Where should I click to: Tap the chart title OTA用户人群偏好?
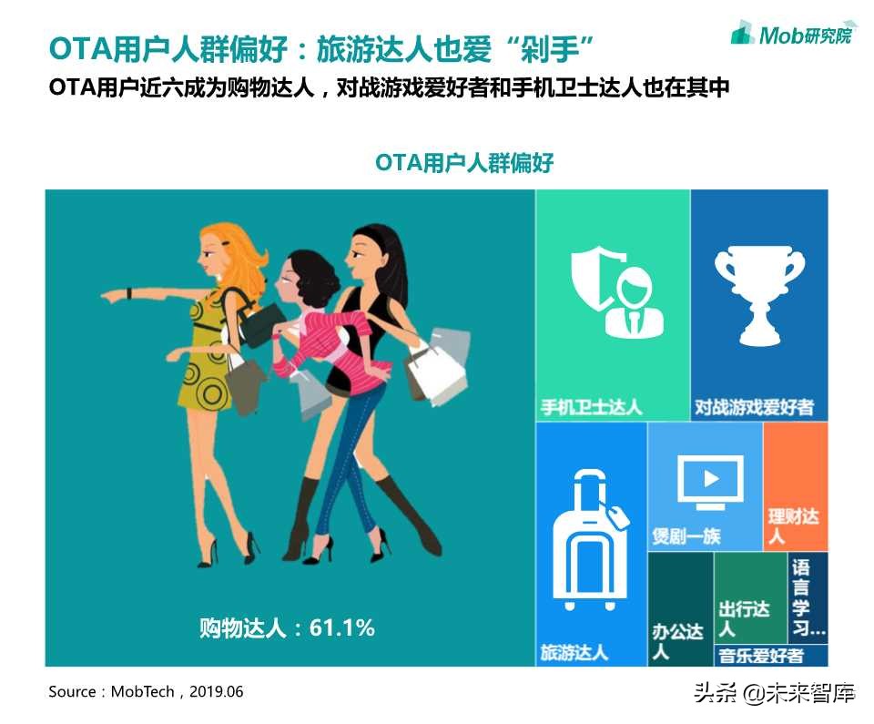[464, 163]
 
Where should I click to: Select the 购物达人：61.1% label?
[288, 627]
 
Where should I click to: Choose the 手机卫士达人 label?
[592, 406]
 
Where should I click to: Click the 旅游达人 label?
[574, 653]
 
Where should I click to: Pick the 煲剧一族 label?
[686, 535]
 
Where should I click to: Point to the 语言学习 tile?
[808, 597]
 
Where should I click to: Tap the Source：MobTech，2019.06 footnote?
[146, 692]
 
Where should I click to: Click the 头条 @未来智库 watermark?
[774, 695]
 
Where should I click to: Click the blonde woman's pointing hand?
[115, 295]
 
